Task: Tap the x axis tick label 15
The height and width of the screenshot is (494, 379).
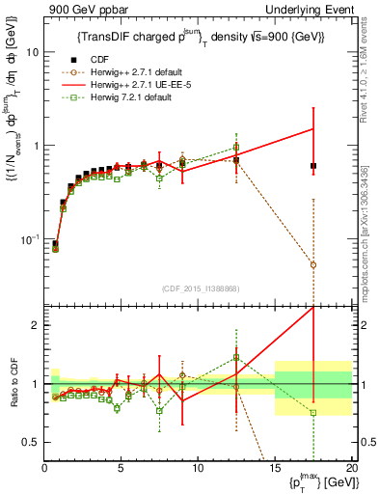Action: (274, 470)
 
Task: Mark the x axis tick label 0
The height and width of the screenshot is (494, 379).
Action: (45, 470)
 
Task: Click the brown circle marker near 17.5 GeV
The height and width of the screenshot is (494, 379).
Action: (313, 264)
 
